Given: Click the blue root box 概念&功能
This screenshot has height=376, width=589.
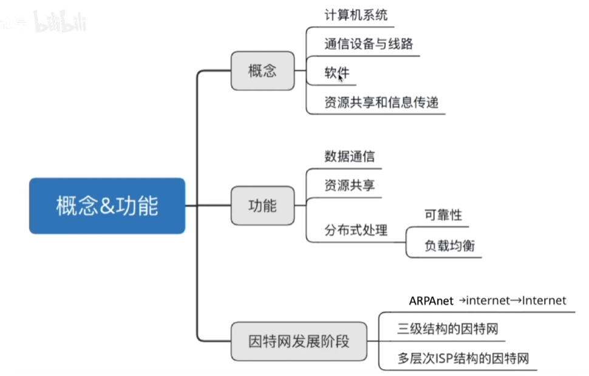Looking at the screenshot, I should point(107,206).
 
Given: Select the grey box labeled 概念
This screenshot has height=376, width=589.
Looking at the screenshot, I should point(262,70).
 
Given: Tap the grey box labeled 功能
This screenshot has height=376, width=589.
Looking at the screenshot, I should point(262,206).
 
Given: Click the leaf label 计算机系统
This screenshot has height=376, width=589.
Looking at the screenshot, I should point(356,14).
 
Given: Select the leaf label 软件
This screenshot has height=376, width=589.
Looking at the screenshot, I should point(336,72).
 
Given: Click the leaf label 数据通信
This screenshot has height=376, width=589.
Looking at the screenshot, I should point(349,156).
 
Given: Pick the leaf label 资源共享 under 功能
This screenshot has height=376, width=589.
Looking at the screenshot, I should point(349,185).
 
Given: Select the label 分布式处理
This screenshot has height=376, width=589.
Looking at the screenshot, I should point(356,230).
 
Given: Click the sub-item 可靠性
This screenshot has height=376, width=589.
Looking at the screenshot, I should point(443,215).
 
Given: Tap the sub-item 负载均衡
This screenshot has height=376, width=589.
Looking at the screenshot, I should point(449,246).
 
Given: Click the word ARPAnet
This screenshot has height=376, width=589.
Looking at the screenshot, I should point(431,301).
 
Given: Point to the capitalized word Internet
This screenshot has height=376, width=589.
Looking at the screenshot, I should point(544,301).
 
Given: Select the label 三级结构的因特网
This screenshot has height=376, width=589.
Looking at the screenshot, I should point(448,329).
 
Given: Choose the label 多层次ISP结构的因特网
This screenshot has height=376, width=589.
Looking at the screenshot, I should point(463,358).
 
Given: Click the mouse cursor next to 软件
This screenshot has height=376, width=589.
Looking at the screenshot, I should point(341,78).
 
